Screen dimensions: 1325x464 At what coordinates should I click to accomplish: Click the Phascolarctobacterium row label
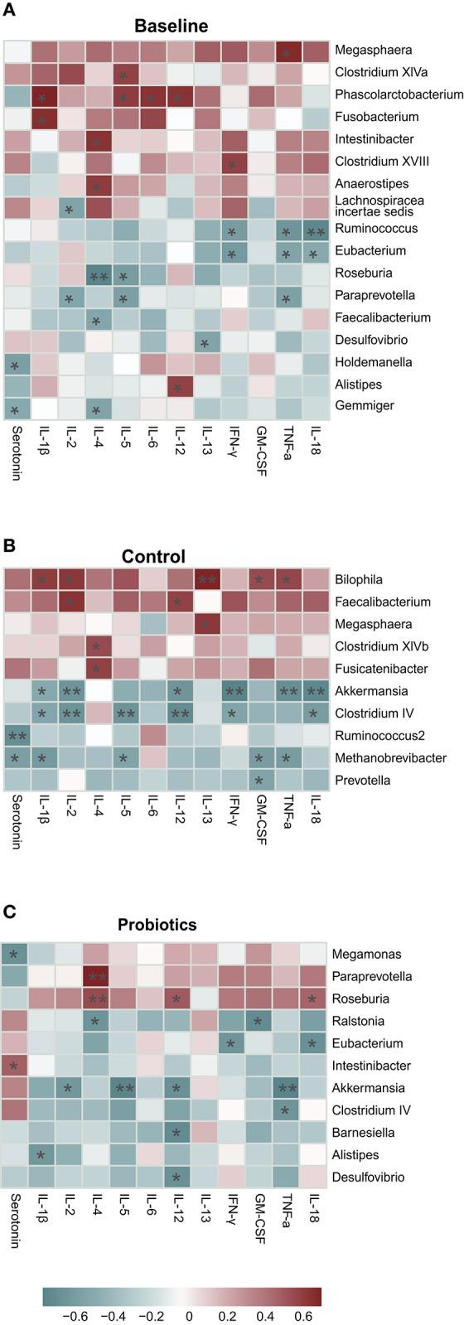click(399, 94)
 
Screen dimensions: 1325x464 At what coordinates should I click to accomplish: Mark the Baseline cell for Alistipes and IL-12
click(179, 384)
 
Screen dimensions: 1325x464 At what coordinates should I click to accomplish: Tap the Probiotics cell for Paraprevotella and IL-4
click(98, 976)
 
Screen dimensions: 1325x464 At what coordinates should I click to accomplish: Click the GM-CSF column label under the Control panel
click(260, 820)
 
